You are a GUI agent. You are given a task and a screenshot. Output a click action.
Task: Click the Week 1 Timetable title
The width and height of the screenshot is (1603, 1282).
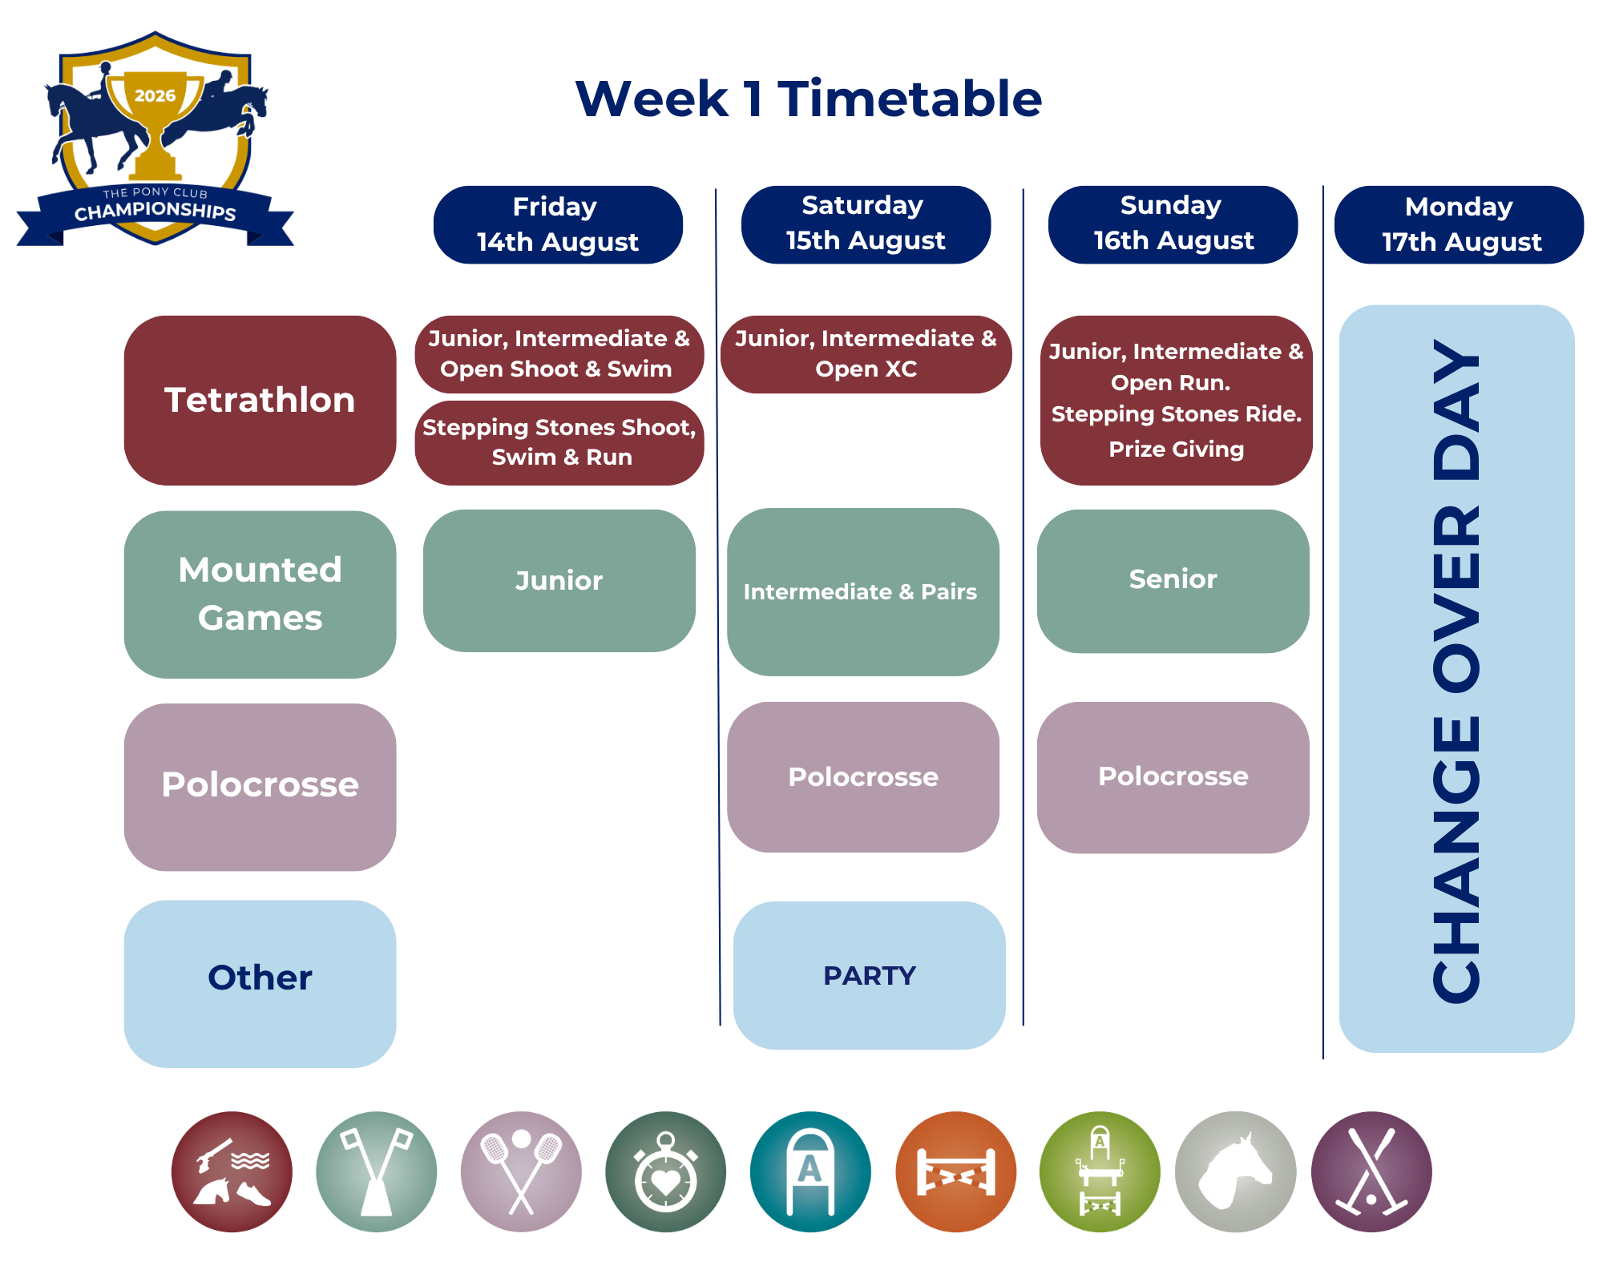809,99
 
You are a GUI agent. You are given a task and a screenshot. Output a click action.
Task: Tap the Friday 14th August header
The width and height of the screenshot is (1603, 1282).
558,224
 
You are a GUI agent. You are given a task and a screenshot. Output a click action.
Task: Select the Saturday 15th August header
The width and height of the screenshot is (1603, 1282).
866,224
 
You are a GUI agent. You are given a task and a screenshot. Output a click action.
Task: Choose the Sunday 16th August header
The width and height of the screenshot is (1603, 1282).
1173,224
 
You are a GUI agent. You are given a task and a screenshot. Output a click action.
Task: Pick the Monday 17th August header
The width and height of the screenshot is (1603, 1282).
1459,224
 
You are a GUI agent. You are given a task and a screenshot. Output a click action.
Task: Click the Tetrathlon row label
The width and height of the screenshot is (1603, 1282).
260,400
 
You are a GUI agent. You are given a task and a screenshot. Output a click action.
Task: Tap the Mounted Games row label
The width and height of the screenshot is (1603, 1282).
260,595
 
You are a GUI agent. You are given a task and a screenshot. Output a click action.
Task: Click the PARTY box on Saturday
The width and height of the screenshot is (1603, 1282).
869,975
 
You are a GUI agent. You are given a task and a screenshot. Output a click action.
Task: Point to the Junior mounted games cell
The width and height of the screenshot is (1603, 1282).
559,581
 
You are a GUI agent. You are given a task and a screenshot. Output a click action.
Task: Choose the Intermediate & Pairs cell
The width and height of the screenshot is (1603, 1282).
862,592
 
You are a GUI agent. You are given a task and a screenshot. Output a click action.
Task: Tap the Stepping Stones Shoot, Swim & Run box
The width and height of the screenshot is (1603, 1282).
559,443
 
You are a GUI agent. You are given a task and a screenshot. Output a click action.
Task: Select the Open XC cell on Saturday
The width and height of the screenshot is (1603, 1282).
866,354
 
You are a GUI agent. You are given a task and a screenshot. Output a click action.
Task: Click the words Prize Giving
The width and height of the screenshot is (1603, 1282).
1176,449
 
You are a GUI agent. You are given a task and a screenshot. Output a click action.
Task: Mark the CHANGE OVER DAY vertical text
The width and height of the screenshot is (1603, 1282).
1457,671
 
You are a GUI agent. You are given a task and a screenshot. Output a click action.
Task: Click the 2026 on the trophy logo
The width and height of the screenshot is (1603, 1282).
155,96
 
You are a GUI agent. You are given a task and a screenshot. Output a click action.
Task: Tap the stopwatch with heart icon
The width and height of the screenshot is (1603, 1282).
665,1171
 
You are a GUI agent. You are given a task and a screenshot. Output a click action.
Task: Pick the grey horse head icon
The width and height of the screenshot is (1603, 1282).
1235,1171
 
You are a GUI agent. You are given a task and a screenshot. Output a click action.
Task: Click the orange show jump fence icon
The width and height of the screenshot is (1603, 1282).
955,1171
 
